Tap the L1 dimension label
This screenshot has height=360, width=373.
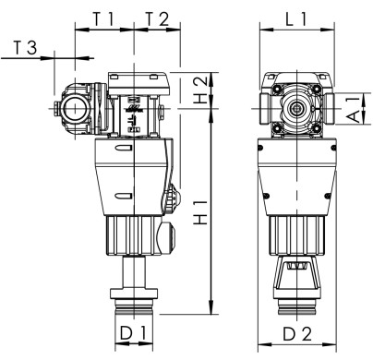point(296,17)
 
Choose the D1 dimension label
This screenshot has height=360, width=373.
point(135,329)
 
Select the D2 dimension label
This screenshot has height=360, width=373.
point(297,329)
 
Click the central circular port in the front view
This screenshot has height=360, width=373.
point(297,109)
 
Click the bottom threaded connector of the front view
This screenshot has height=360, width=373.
point(297,300)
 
